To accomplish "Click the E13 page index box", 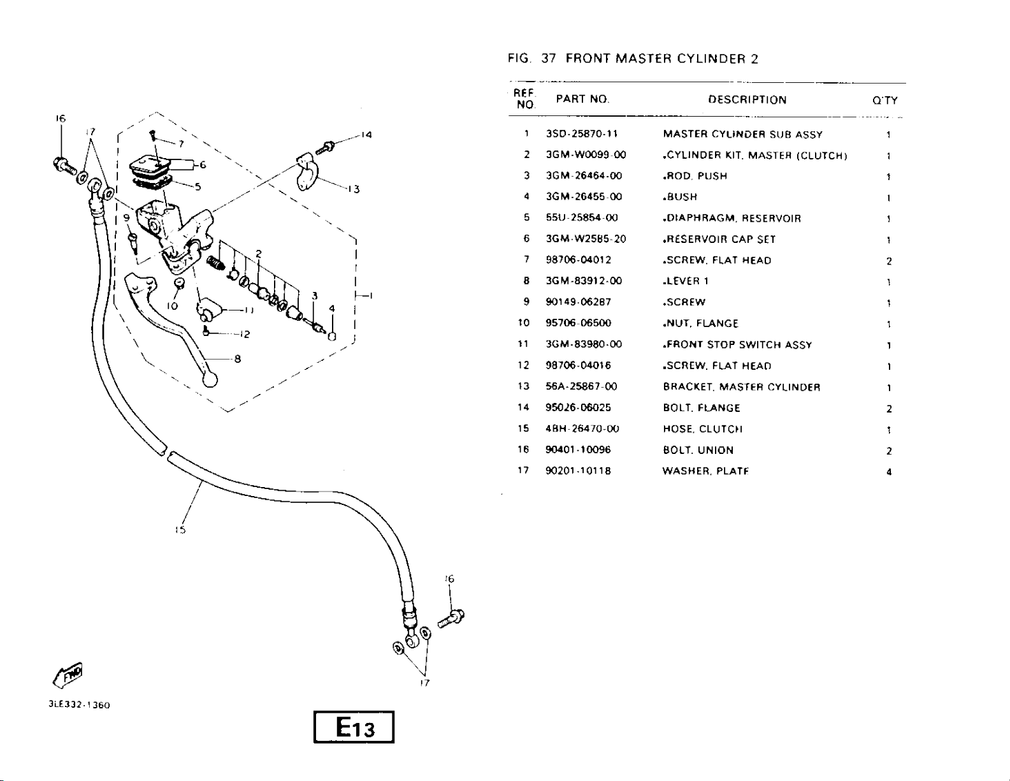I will [354, 727].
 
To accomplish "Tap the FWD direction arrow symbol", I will [68, 675].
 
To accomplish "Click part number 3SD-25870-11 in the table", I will [582, 134].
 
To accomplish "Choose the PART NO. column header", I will [582, 99].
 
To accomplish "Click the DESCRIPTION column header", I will [747, 100].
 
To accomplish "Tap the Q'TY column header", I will [884, 101].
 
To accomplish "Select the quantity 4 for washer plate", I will [888, 472].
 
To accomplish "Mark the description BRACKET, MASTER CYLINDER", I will [741, 387].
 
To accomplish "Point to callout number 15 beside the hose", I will [180, 529].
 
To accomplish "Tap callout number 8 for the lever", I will [237, 359].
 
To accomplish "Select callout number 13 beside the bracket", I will [354, 189].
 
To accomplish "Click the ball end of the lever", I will [210, 379].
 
